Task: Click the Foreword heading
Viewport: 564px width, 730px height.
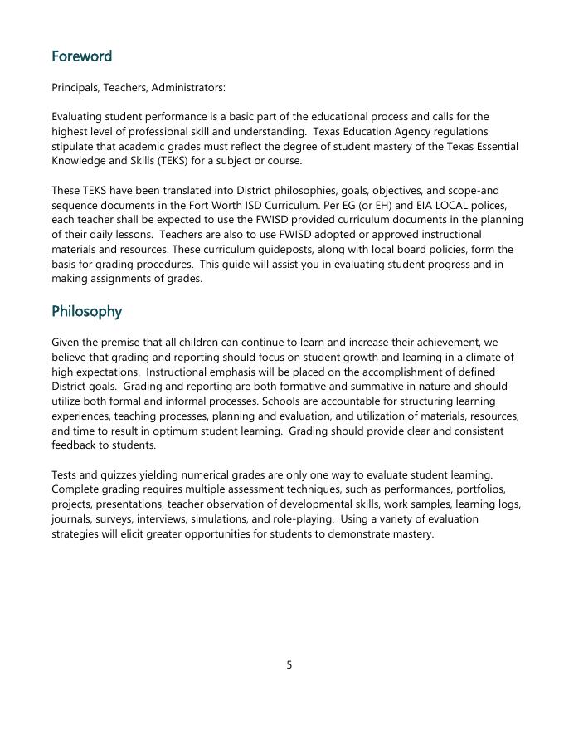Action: point(81,56)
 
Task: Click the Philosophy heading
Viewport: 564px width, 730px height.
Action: point(86,311)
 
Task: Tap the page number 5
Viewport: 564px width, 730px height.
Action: point(289,664)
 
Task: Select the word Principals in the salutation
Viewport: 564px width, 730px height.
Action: point(75,87)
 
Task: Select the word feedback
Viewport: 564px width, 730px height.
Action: point(75,445)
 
